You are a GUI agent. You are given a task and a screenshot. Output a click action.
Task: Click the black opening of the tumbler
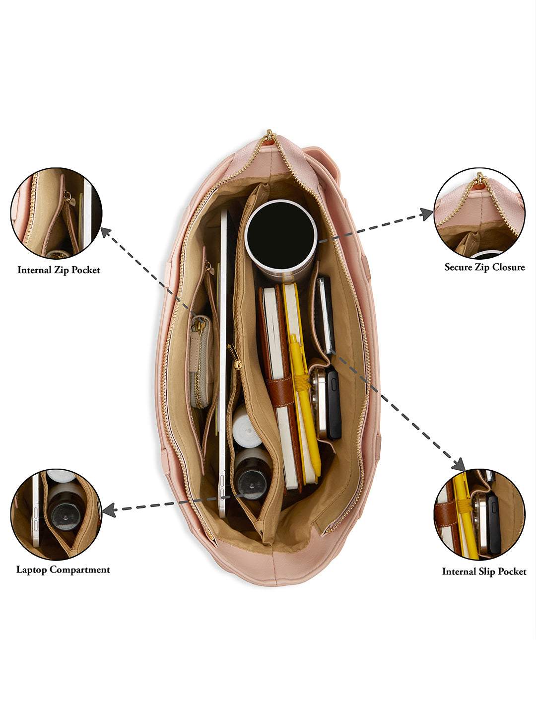point(281,234)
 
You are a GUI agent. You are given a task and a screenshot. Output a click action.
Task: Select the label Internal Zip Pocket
point(59,270)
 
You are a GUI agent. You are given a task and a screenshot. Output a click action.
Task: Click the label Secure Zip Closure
point(484,267)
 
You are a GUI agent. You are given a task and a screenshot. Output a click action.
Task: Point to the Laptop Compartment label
point(63,570)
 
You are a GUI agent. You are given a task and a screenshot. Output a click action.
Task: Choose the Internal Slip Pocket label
point(484,572)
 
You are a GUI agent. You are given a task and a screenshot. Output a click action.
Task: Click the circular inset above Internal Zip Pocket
point(56,213)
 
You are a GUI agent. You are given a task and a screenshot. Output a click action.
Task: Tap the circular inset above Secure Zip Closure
point(479,213)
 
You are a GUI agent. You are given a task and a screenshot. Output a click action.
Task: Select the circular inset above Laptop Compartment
point(56,514)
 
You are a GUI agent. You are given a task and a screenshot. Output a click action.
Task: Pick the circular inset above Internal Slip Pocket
point(479,514)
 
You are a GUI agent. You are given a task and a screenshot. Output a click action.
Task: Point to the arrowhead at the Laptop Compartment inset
point(109,509)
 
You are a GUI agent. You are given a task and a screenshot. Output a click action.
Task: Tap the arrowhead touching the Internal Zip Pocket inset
point(105,232)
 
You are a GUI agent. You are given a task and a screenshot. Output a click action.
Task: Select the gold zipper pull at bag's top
point(269,135)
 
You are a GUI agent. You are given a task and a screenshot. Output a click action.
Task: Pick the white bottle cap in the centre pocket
point(247,428)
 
